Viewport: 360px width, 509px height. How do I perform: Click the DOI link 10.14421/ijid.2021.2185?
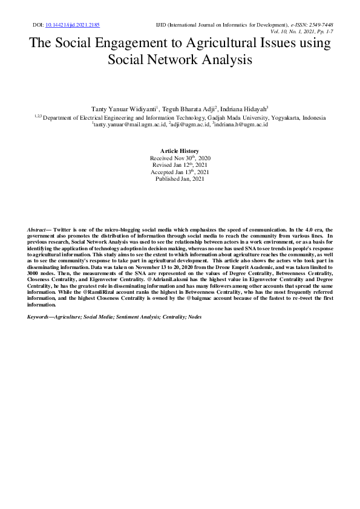pos(73,25)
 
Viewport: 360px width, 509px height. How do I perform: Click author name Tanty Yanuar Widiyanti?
pos(124,108)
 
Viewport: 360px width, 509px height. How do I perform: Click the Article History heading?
pos(180,150)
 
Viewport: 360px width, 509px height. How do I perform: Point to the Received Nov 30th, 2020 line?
pos(180,158)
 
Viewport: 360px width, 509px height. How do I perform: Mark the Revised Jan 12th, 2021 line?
pos(180,165)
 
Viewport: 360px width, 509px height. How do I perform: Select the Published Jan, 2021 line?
pos(180,179)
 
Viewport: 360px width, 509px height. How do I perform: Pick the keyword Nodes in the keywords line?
pos(194,317)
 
